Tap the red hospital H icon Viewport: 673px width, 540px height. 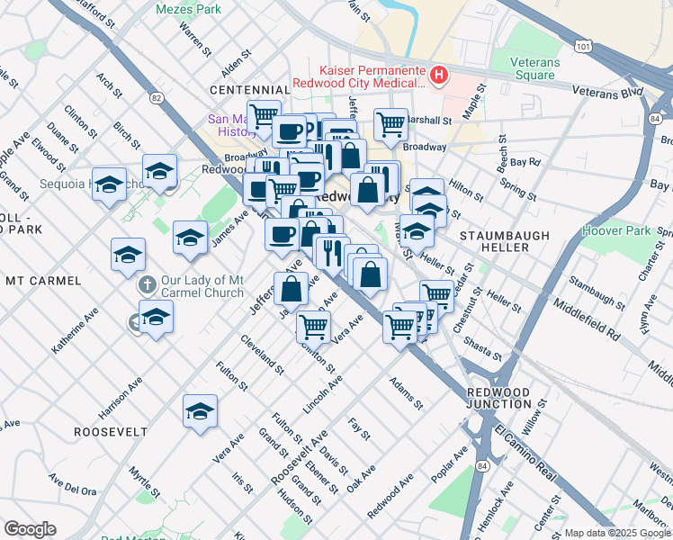click(439, 75)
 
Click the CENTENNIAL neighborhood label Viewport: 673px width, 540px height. click(249, 90)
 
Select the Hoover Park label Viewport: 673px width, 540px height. click(615, 230)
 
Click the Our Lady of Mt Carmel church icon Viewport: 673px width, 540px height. click(149, 285)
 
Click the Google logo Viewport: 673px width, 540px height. click(30, 529)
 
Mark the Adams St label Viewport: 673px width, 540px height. click(405, 391)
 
